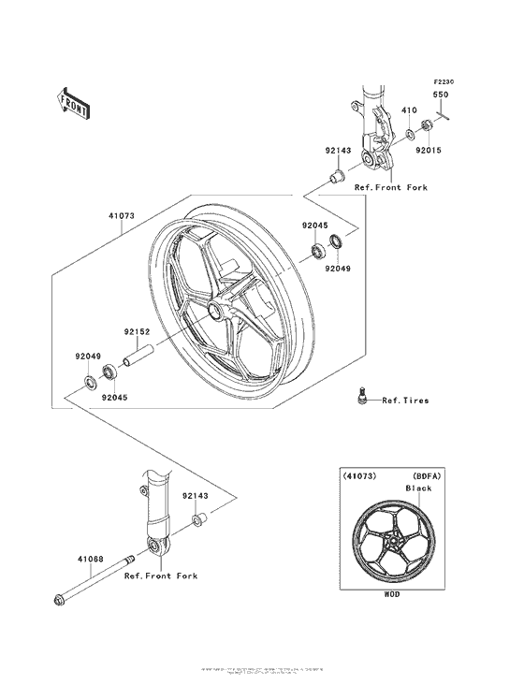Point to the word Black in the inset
click(417, 488)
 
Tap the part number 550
click(440, 95)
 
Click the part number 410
click(409, 110)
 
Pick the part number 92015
click(429, 149)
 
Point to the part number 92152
click(136, 329)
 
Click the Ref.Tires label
click(405, 401)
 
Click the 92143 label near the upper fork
click(339, 149)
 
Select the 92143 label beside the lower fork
click(196, 495)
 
